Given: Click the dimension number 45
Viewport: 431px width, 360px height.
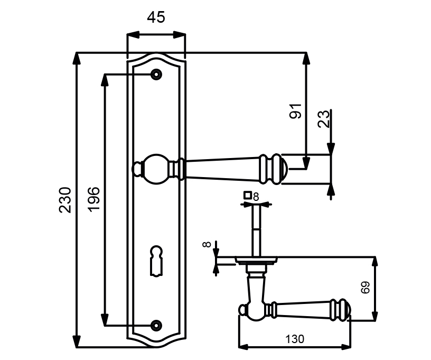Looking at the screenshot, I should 156,17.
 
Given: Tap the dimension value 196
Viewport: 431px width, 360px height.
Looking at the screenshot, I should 93,199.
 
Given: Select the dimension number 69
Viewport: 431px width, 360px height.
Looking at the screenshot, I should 364,288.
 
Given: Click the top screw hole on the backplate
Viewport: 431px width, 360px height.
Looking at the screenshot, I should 156,75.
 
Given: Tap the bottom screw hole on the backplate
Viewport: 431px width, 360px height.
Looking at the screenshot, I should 156,325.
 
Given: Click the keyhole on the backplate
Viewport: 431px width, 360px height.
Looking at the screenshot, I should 156,259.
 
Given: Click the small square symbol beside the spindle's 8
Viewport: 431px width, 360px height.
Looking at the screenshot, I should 247,196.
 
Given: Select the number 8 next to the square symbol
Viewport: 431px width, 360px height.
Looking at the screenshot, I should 256,196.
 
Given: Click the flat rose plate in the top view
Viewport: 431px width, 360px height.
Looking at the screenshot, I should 257,260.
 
